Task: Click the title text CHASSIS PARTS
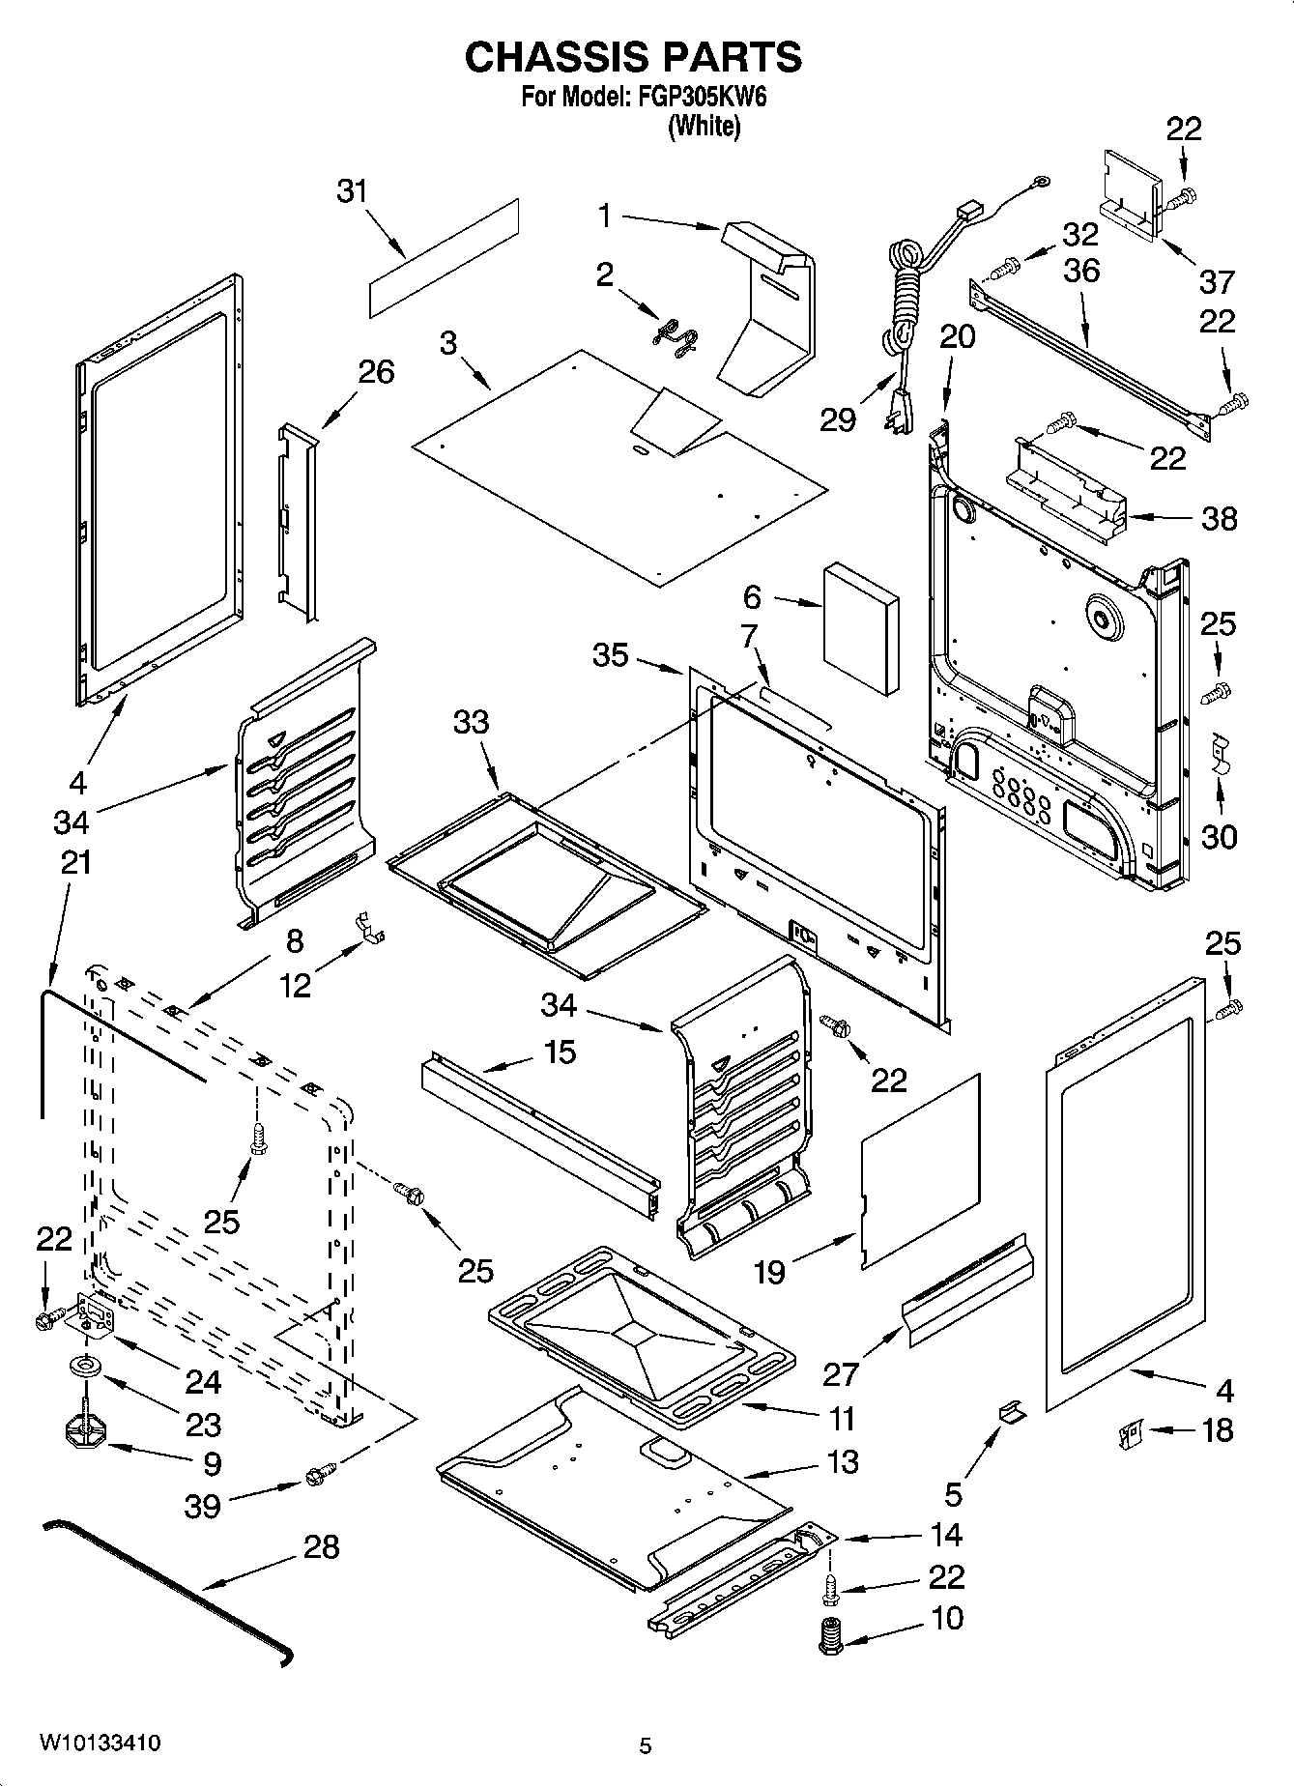(633, 57)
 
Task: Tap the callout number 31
(353, 191)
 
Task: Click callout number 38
(1219, 519)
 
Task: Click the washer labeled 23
(85, 1368)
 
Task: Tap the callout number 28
(321, 1547)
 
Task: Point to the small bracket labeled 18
(1128, 1433)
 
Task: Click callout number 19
(769, 1272)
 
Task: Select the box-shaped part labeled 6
(861, 629)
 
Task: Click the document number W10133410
(101, 1744)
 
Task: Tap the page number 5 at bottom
(646, 1745)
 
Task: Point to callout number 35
(610, 655)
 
